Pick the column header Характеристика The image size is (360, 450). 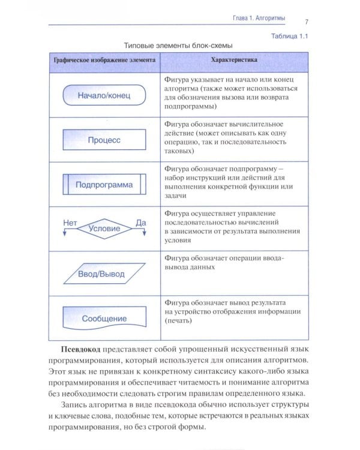234,61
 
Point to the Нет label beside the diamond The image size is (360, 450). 70,222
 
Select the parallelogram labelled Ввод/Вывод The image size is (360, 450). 102,274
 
